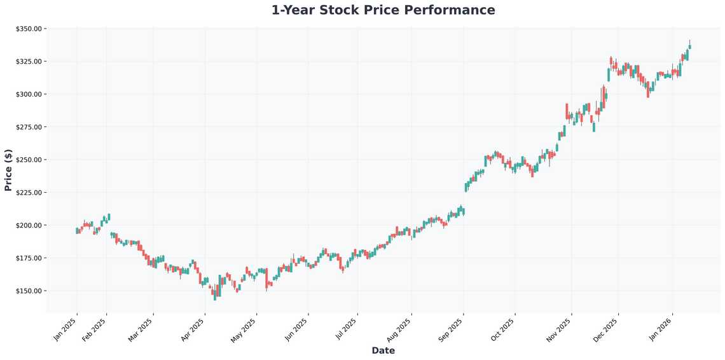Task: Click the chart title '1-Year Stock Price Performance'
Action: coord(383,10)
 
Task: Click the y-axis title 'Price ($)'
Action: coord(8,170)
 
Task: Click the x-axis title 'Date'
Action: coord(383,350)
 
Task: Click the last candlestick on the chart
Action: coord(689,46)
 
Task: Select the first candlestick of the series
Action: coord(76,230)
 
